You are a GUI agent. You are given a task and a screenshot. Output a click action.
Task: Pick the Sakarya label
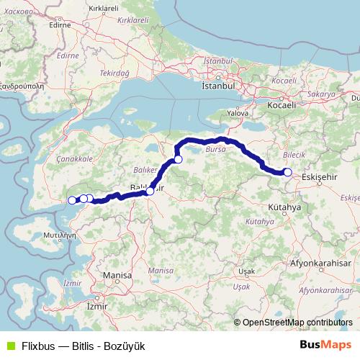click(320, 94)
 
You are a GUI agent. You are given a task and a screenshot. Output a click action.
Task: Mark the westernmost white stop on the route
click(72, 200)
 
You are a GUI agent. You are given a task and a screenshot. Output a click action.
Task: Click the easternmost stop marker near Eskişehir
click(287, 172)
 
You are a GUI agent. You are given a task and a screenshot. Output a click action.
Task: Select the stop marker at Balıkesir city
click(150, 192)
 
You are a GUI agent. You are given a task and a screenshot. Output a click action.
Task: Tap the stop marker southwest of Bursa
click(178, 159)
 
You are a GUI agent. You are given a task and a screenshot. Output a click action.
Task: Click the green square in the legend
click(9, 346)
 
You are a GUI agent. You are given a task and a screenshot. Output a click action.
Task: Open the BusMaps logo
click(325, 345)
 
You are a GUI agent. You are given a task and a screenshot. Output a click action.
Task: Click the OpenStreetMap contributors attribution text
click(297, 323)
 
